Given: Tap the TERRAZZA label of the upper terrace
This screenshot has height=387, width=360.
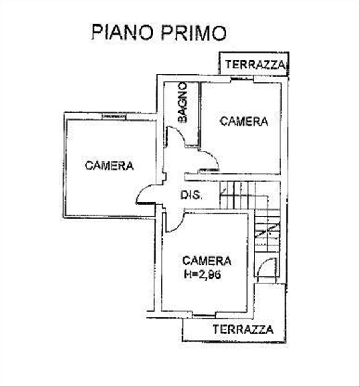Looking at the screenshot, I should click(255, 65).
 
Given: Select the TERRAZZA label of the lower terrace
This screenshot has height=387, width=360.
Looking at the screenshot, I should click(243, 329).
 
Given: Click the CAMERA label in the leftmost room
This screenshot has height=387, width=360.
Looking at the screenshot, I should click(109, 165).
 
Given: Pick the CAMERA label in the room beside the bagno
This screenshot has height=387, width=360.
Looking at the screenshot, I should click(244, 121).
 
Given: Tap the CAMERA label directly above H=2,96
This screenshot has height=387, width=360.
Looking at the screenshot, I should click(207, 260).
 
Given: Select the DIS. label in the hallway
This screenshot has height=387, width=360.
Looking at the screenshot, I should click(191, 195).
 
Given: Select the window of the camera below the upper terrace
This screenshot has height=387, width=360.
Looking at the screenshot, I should click(242, 80).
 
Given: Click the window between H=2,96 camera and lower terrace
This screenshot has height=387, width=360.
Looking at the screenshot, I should click(204, 315).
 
